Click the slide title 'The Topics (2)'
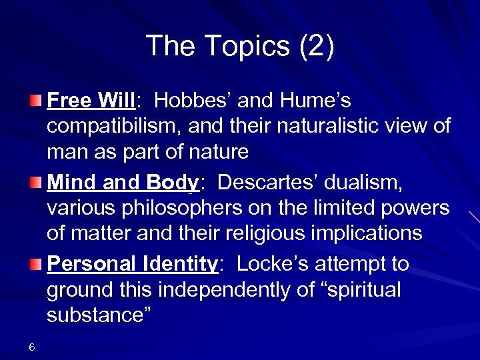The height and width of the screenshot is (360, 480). [x=240, y=46]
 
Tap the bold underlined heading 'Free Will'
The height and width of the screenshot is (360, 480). [x=91, y=101]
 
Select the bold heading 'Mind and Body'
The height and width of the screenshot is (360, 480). [x=123, y=182]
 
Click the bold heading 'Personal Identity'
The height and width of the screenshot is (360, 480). [x=132, y=264]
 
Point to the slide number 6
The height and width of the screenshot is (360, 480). [x=32, y=347]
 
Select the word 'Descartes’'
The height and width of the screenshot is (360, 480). [x=271, y=182]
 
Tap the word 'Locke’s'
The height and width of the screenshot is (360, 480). [x=269, y=264]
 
